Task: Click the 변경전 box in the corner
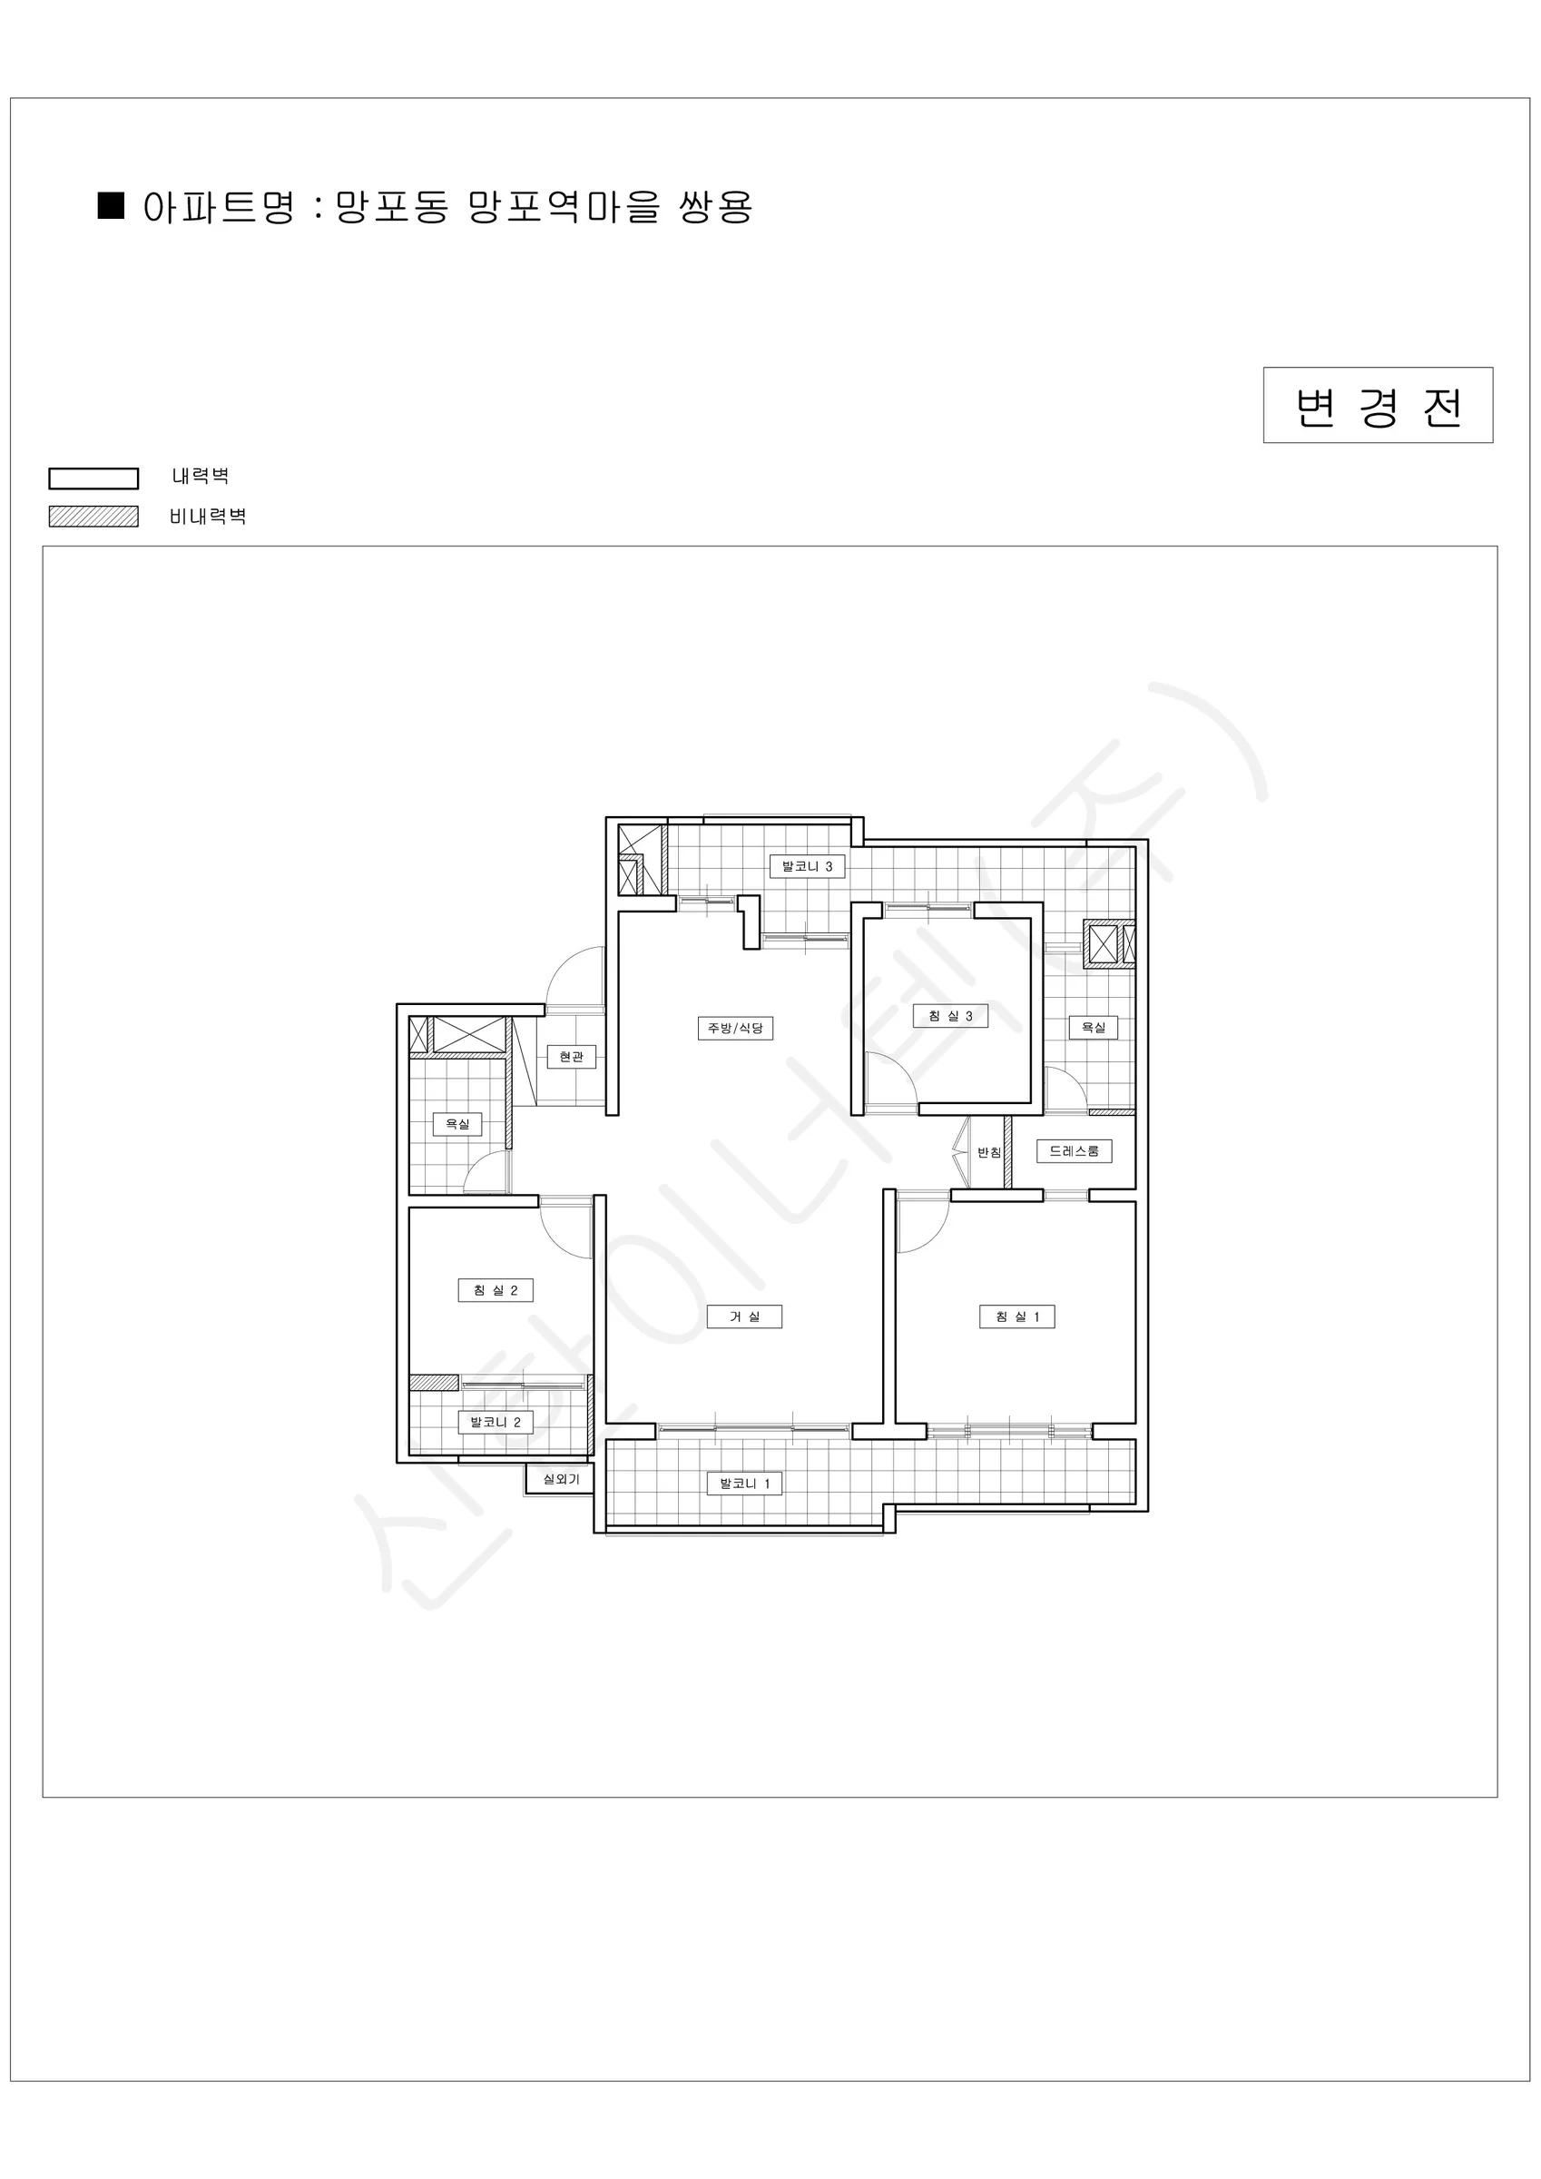(x=1377, y=405)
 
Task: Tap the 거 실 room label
(x=744, y=1316)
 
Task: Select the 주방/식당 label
(x=735, y=1028)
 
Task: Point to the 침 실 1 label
(x=1017, y=1316)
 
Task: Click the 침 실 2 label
(x=496, y=1290)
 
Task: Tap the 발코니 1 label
(x=745, y=1483)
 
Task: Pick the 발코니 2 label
(x=496, y=1422)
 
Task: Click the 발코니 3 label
(x=807, y=866)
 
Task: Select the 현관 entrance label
(x=571, y=1056)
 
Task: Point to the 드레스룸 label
(x=1075, y=1151)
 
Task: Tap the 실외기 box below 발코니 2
(x=561, y=1479)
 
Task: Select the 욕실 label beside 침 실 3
(x=1093, y=1027)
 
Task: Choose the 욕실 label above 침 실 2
(x=457, y=1124)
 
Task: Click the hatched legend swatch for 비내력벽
(x=93, y=517)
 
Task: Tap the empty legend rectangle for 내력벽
(x=93, y=478)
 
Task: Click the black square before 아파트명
(x=111, y=206)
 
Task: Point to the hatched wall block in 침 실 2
(x=434, y=1383)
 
